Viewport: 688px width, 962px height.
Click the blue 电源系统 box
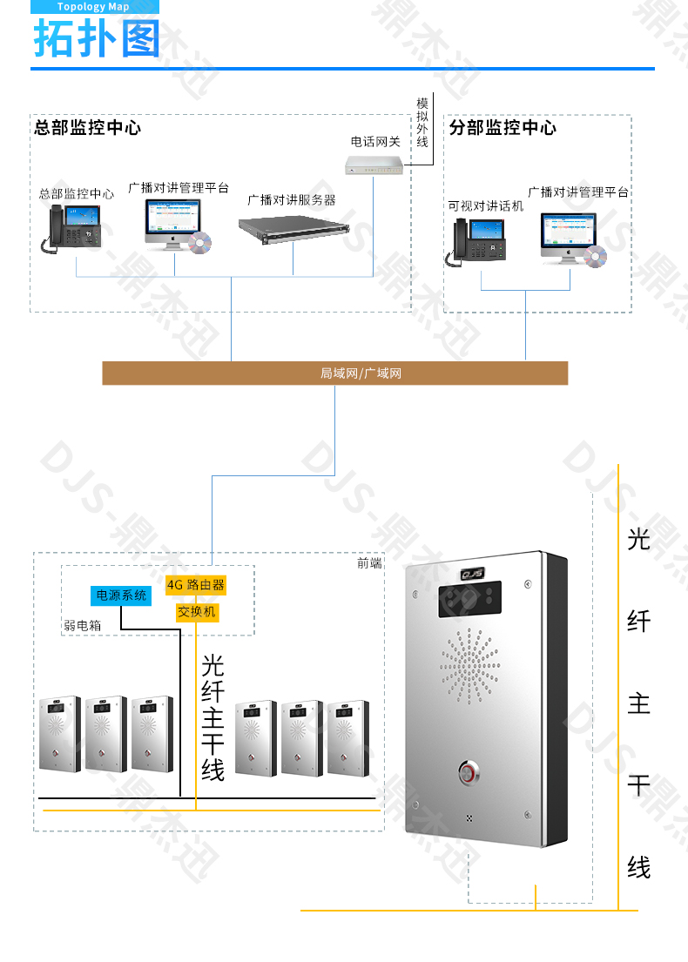[x=121, y=595]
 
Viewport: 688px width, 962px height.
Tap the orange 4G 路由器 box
[x=196, y=584]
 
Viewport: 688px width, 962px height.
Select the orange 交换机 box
[x=196, y=612]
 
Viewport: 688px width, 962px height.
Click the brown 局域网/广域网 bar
[x=335, y=373]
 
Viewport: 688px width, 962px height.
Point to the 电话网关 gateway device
[x=375, y=165]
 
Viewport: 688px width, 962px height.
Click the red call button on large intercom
[x=470, y=771]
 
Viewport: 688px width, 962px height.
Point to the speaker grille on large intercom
[x=470, y=666]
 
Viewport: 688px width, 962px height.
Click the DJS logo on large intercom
[x=472, y=575]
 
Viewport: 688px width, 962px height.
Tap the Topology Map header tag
[x=93, y=7]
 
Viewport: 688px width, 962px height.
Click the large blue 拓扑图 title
[x=97, y=39]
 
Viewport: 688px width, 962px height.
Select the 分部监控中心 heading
[x=503, y=128]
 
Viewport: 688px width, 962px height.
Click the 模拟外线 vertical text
[x=422, y=121]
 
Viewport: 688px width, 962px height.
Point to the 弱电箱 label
[x=81, y=625]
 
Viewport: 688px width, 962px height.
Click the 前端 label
[x=369, y=563]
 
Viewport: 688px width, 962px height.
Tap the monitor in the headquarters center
[x=172, y=220]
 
